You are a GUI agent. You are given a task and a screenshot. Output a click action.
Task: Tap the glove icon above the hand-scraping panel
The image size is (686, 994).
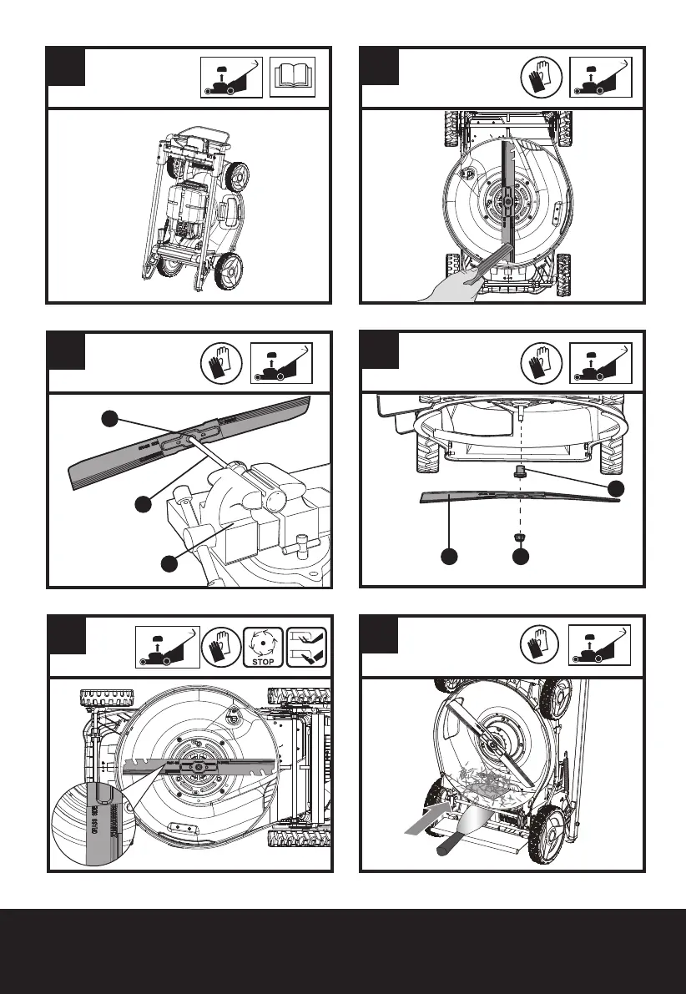pos(538,79)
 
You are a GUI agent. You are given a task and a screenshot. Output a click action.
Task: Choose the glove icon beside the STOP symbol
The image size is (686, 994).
pos(219,647)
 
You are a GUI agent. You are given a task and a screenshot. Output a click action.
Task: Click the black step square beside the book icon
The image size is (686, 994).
pos(67,67)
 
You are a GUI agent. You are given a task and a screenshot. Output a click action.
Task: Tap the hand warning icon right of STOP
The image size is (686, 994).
pos(307,647)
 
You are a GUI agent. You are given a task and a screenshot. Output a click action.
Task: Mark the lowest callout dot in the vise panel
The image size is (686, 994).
pos(169,563)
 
